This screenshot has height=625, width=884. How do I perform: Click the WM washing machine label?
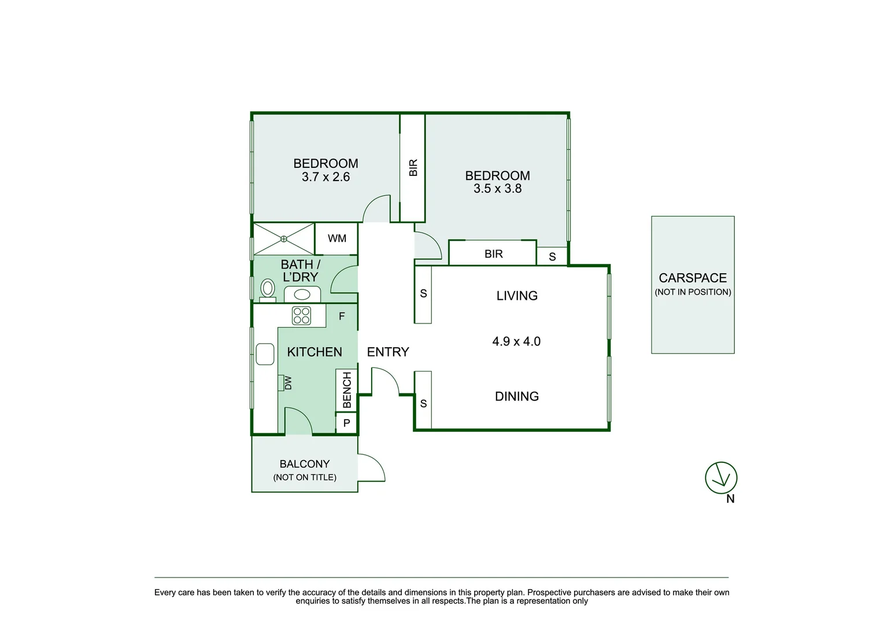pos(336,238)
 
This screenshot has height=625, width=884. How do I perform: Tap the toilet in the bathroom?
pos(268,291)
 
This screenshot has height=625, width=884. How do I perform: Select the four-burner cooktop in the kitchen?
pos(301,315)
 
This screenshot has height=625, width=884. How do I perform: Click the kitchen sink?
pos(265,354)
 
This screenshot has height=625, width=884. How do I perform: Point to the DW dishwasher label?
pos(288,383)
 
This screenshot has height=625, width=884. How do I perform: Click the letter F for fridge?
pos(342,316)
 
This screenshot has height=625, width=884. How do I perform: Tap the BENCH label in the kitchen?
pos(346,390)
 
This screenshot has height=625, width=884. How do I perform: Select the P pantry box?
pos(346,423)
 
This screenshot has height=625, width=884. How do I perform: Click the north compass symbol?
pos(721,477)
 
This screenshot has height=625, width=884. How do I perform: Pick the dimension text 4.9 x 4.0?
pos(516,341)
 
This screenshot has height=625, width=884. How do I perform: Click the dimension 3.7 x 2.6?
pos(326,177)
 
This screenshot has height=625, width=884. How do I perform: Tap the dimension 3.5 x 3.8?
pos(497,189)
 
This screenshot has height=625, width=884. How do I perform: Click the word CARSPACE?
pos(693,278)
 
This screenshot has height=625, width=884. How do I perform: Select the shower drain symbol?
pos(283,239)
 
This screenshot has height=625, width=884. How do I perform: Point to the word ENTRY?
pos(388,352)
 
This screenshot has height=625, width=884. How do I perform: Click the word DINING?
pos(517,396)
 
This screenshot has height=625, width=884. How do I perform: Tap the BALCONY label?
pos(304,464)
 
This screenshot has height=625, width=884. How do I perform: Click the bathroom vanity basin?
pos(302,295)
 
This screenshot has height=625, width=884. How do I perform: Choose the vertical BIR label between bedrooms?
pos(413,168)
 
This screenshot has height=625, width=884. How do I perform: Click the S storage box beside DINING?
pos(423,400)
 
